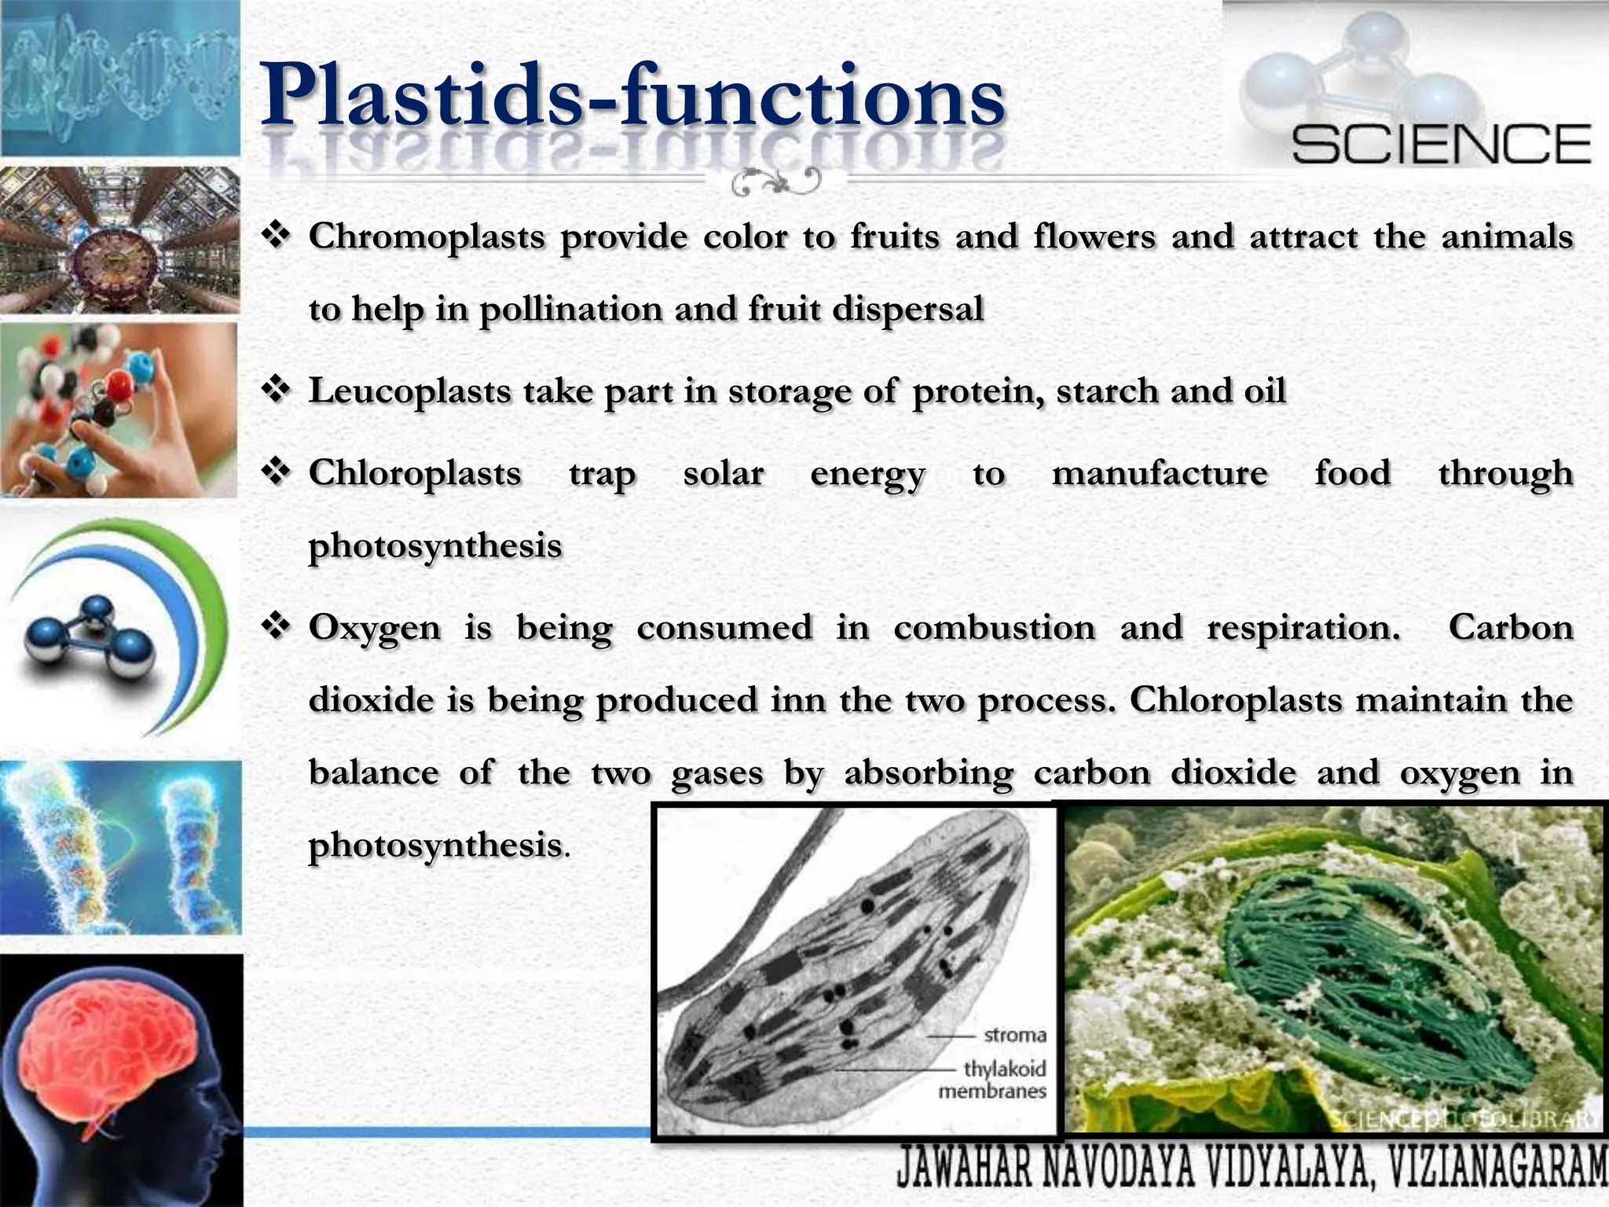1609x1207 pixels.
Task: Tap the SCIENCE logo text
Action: tap(1441, 144)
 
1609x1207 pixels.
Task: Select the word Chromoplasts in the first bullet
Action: tap(426, 237)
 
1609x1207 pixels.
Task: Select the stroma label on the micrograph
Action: tap(1014, 1035)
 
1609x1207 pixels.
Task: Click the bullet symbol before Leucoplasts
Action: tap(277, 391)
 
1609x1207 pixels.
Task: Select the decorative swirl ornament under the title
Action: tap(775, 182)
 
